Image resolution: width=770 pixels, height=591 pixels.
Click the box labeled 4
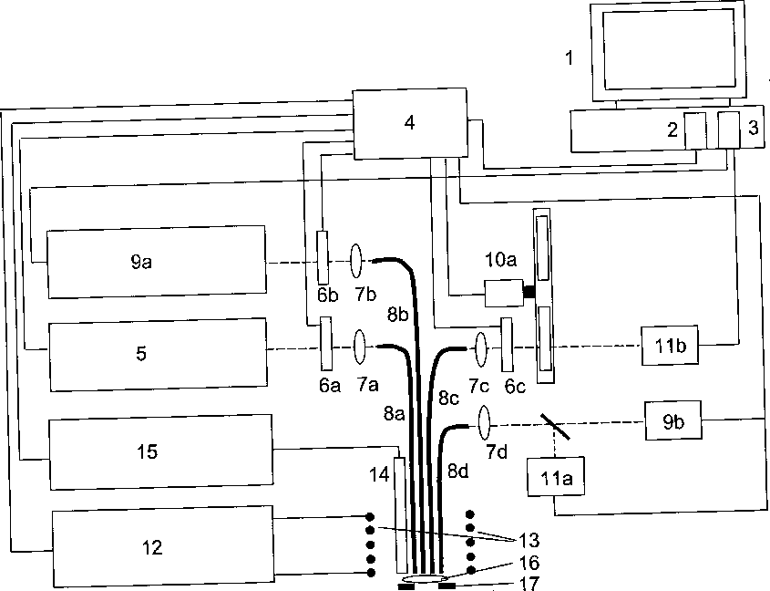point(409,122)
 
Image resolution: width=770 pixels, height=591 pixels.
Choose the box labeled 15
point(159,451)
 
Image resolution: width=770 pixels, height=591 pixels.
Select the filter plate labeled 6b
point(322,257)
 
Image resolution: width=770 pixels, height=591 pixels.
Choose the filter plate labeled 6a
point(325,344)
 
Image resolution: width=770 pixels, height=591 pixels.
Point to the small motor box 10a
point(500,293)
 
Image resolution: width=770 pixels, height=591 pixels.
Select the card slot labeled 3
point(728,130)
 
